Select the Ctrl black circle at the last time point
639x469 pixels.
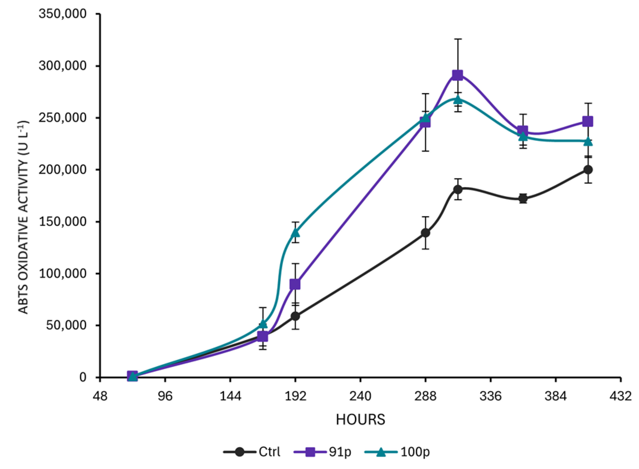[x=588, y=170]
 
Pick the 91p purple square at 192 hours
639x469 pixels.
[x=295, y=284]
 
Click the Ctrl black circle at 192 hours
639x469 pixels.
[x=295, y=316]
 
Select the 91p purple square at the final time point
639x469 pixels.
[x=588, y=122]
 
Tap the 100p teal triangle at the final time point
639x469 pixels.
[x=588, y=141]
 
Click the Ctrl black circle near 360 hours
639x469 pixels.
[x=523, y=199]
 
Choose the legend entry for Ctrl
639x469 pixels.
[x=252, y=452]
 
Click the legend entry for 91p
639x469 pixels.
[x=323, y=452]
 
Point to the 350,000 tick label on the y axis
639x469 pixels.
[x=63, y=14]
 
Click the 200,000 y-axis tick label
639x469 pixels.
[x=63, y=169]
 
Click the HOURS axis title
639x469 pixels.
[x=360, y=420]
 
